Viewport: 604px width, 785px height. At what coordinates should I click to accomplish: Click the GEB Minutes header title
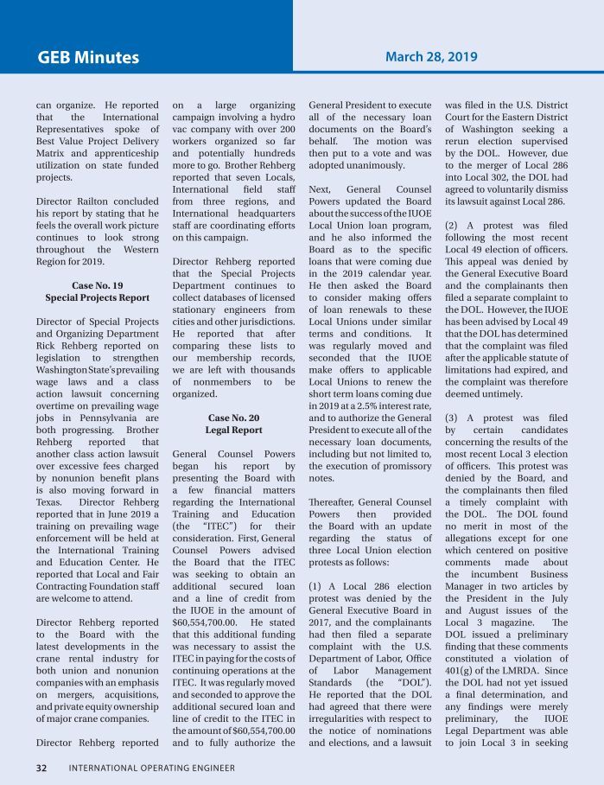[88, 58]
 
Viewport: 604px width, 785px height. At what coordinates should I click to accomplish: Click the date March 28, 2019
[431, 57]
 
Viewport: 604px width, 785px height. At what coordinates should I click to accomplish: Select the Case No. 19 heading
[97, 284]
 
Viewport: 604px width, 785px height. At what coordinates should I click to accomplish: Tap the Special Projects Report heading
[97, 297]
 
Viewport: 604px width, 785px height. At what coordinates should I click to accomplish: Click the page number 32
[42, 767]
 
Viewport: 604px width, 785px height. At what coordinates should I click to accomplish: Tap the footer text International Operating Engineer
[151, 767]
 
